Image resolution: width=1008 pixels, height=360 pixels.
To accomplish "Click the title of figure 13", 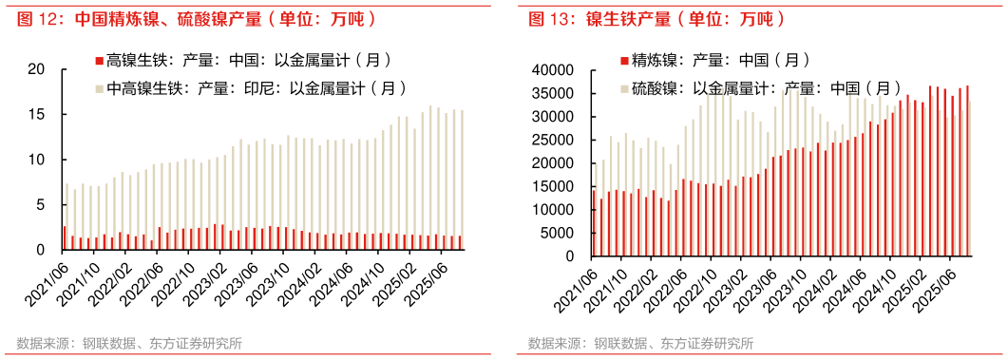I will click(x=656, y=19).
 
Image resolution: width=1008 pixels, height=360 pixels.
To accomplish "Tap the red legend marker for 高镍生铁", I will click(x=98, y=60).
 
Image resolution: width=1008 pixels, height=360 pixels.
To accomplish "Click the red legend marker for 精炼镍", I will click(x=623, y=60).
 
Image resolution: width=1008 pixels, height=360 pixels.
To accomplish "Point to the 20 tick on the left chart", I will click(x=37, y=69).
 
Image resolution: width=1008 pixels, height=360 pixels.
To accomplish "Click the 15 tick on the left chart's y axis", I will click(x=37, y=114).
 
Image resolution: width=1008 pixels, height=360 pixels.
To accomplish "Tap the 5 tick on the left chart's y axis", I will click(x=41, y=204).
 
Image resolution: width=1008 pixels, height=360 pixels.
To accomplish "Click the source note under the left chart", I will click(x=128, y=344).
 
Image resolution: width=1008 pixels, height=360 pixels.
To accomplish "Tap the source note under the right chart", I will click(x=641, y=344).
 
